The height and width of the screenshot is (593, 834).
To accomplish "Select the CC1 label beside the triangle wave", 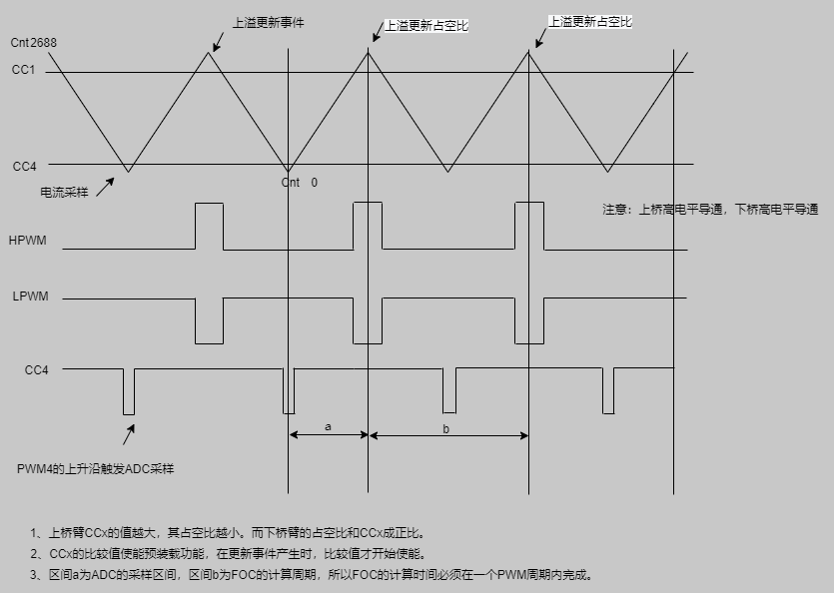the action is pos(24,70).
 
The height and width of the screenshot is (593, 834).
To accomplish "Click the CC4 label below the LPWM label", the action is pos(37,370).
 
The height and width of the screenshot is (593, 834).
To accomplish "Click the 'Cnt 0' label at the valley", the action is pos(300,183).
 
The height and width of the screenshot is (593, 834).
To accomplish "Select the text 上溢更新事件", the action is pos(268,22).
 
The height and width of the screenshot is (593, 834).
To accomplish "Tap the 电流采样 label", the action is pos(64,192).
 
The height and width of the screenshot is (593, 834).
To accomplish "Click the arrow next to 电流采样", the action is pos(105,185).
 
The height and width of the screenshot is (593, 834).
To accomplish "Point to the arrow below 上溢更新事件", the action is pos(218,40).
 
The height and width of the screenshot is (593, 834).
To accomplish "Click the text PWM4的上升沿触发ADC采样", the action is pos(95,468).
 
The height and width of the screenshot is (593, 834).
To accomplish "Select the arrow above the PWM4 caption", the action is pos(129,435).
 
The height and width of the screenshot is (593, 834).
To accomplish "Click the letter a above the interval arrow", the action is pos(328,426).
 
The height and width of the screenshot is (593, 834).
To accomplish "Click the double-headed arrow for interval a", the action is pos(329,435).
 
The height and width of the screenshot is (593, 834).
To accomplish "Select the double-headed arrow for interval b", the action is pos(448,435).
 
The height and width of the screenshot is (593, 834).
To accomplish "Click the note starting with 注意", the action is pos(710,210).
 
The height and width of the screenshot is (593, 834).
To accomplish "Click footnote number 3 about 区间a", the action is pos(312,575).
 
